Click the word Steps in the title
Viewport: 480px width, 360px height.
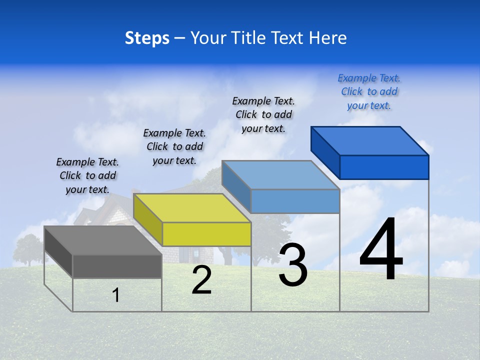pyautogui.click(x=147, y=38)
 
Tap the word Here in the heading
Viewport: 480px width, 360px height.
pyautogui.click(x=328, y=38)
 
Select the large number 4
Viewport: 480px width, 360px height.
pyautogui.click(x=381, y=251)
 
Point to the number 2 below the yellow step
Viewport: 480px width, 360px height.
pyautogui.click(x=201, y=280)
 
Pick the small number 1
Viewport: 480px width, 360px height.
pyautogui.click(x=116, y=295)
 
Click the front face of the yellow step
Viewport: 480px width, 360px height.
pyautogui.click(x=206, y=234)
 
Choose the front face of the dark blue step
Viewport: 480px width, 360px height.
pyautogui.click(x=384, y=167)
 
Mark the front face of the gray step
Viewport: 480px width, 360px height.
pyautogui.click(x=117, y=266)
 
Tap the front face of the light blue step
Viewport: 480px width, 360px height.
pyautogui.click(x=295, y=201)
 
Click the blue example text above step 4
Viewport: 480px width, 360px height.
pyautogui.click(x=369, y=91)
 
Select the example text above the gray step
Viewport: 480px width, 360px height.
pyautogui.click(x=87, y=175)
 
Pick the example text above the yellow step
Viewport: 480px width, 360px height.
pyautogui.click(x=174, y=146)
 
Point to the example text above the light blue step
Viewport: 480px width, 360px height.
pyautogui.click(x=263, y=114)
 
